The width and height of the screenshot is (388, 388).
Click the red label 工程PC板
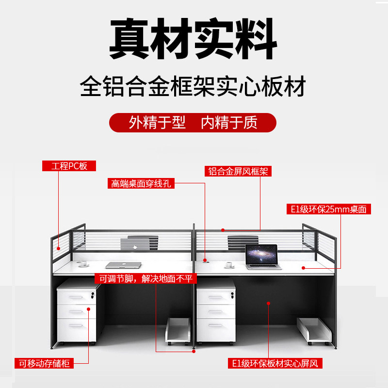pyautogui.click(x=69, y=166)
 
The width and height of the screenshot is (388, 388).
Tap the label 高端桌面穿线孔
pyautogui.click(x=141, y=184)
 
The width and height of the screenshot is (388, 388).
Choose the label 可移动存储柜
pyautogui.click(x=44, y=363)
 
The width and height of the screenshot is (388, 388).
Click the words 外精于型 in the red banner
pyautogui.click(x=157, y=123)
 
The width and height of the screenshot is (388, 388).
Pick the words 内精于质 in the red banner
pyautogui.click(x=229, y=123)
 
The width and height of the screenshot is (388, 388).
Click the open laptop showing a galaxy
pyautogui.click(x=262, y=256)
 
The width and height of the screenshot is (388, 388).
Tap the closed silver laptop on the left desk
pyautogui.click(x=123, y=265)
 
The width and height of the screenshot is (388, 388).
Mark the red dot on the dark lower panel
pyautogui.click(x=268, y=303)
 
